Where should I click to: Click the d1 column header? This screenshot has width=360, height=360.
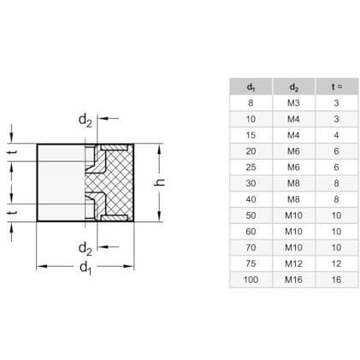tap(251, 87)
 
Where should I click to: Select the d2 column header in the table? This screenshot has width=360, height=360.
tap(293, 87)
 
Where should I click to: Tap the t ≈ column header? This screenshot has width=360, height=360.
tap(336, 86)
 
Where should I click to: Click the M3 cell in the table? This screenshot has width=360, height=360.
tap(293, 103)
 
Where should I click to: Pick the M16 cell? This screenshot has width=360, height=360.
tap(293, 280)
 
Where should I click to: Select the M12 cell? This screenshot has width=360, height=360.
tap(293, 263)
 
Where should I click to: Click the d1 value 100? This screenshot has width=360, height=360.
tap(251, 280)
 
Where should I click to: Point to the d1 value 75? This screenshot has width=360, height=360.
tap(251, 263)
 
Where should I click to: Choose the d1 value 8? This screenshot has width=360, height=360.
tap(251, 103)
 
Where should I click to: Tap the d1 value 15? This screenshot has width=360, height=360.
tap(251, 135)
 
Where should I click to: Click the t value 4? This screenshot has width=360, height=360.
tap(336, 135)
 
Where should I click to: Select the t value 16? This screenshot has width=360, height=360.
tap(336, 280)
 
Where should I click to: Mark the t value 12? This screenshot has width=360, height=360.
tap(336, 263)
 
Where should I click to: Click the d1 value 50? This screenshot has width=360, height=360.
tap(251, 215)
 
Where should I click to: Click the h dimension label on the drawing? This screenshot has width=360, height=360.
tap(159, 182)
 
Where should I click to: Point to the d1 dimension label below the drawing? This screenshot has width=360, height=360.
tap(86, 268)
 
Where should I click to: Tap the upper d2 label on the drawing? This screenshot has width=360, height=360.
tap(86, 121)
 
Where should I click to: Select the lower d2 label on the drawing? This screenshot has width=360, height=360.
tap(86, 248)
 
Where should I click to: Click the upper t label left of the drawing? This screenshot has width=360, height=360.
tap(13, 152)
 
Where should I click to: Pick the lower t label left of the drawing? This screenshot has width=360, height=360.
tap(13, 212)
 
